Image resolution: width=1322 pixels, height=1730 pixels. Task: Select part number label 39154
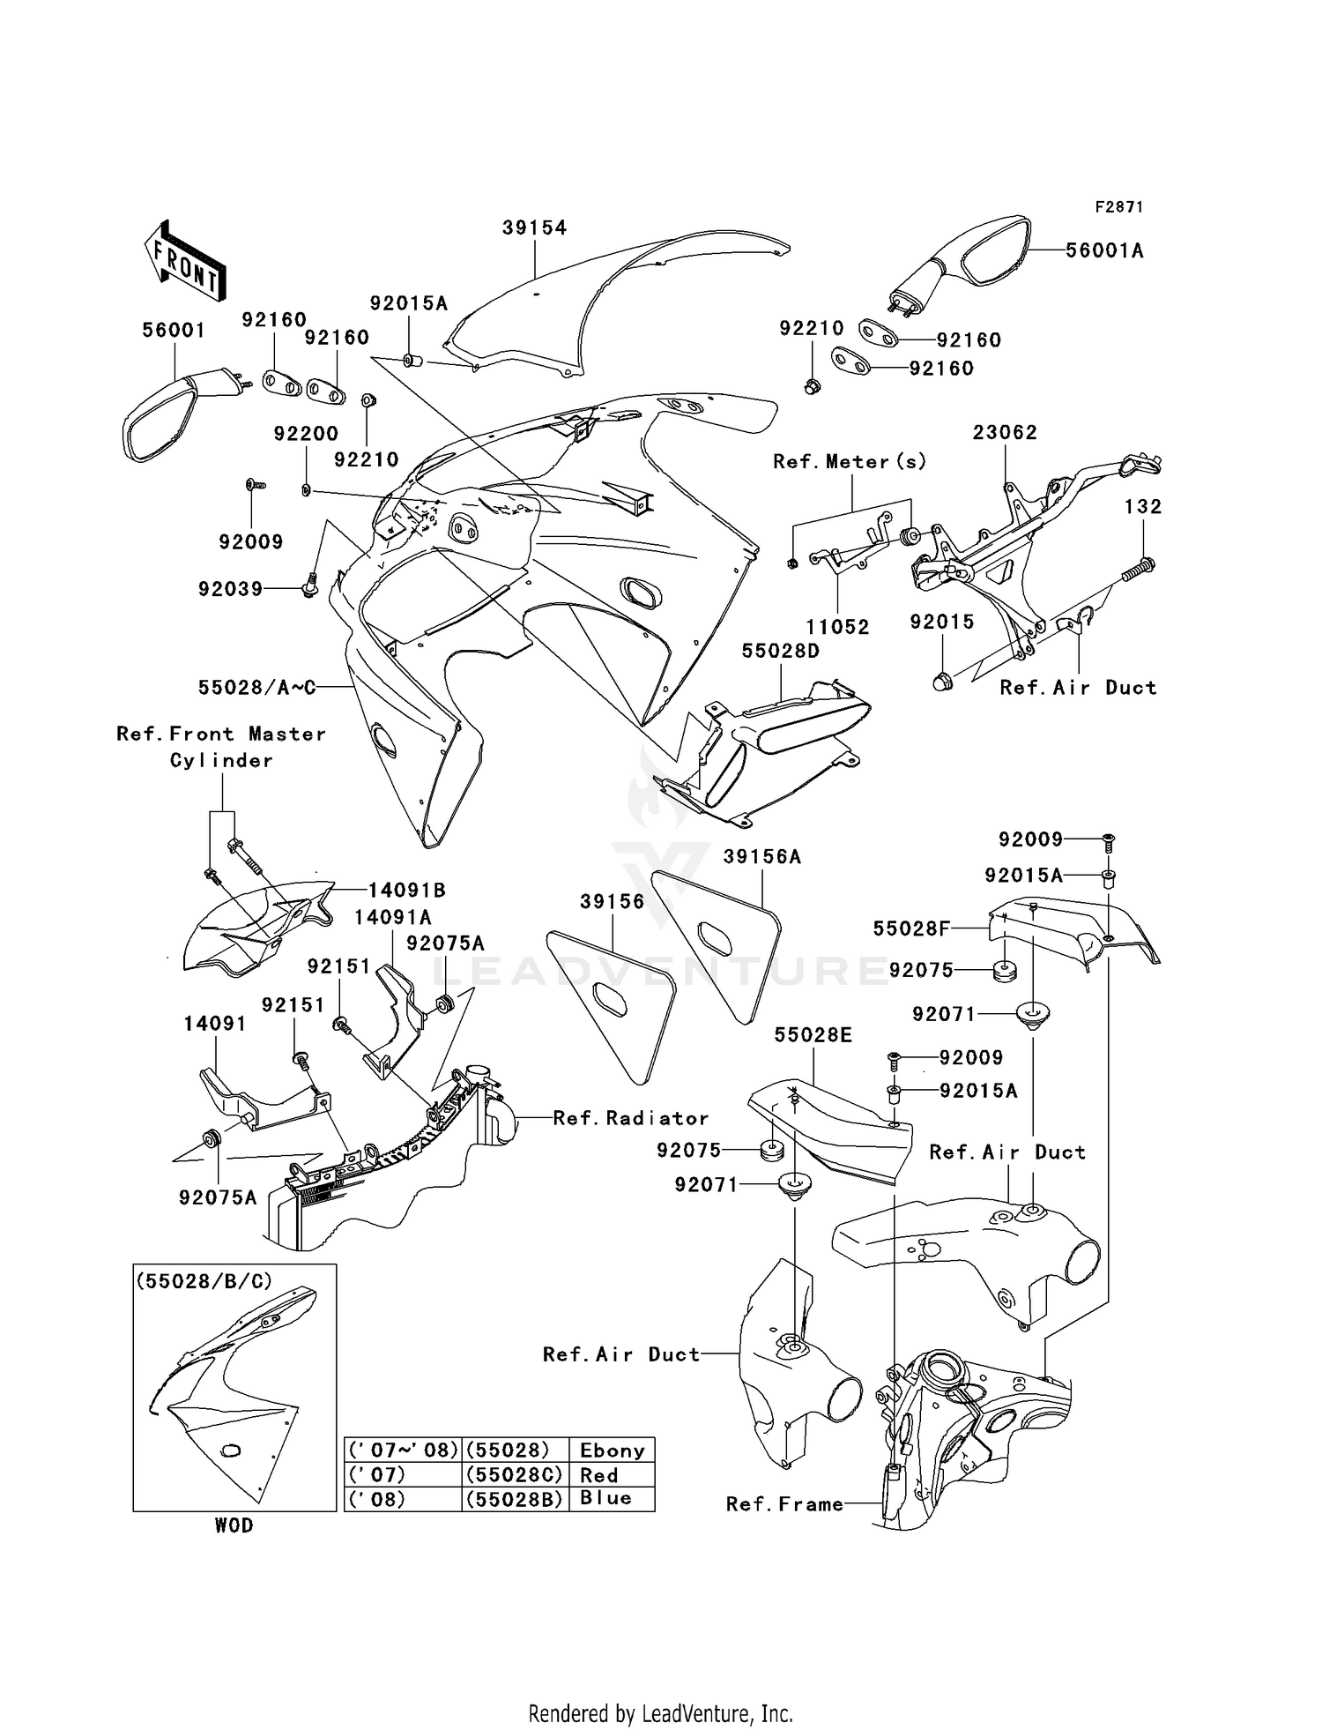pyautogui.click(x=534, y=227)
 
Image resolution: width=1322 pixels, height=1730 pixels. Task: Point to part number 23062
pyautogui.click(x=1005, y=433)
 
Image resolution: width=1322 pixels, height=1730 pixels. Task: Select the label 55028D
pyautogui.click(x=780, y=652)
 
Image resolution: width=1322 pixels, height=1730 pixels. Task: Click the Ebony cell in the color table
pyautogui.click(x=612, y=1450)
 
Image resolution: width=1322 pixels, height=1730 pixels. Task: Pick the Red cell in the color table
pyautogui.click(x=599, y=1475)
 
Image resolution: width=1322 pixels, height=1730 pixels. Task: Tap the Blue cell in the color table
pyautogui.click(x=605, y=1498)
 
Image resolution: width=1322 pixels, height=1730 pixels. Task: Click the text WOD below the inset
pyautogui.click(x=234, y=1525)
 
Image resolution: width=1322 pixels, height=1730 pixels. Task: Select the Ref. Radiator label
pyautogui.click(x=630, y=1119)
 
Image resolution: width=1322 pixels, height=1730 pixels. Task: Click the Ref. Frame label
pyautogui.click(x=784, y=1504)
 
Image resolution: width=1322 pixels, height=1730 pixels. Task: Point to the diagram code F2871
pyautogui.click(x=1118, y=207)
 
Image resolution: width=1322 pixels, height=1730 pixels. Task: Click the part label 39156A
pyautogui.click(x=762, y=857)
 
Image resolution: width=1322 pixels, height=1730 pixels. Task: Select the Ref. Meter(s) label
pyautogui.click(x=850, y=462)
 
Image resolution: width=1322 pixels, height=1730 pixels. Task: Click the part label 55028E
pyautogui.click(x=813, y=1035)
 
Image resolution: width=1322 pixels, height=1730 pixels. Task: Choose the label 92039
pyautogui.click(x=230, y=589)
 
